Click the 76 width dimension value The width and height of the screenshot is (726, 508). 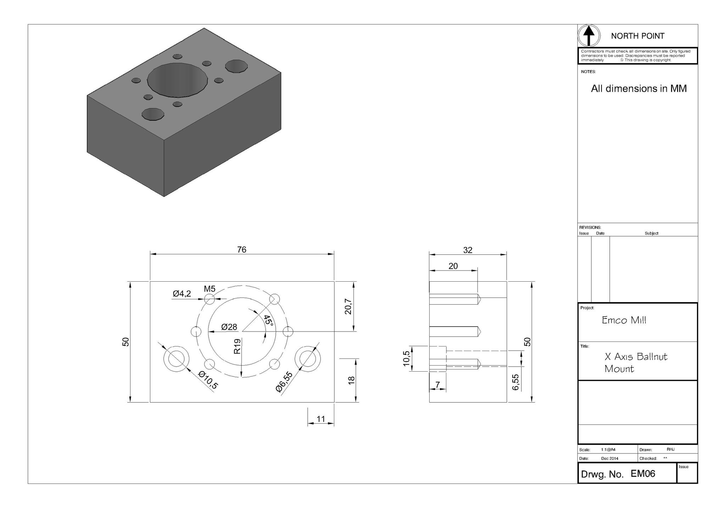(x=241, y=250)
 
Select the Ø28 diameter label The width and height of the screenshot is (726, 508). (x=229, y=327)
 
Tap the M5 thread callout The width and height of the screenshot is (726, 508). (x=210, y=289)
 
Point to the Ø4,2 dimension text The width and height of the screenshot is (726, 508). (x=182, y=294)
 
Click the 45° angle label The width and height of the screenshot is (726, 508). (x=268, y=321)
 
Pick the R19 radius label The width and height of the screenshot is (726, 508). (x=238, y=346)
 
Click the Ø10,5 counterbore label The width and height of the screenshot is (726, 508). (x=208, y=380)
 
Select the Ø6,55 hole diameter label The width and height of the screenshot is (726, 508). (x=284, y=382)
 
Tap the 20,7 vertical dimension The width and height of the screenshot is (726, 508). (x=348, y=306)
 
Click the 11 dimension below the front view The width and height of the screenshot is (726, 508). (x=320, y=419)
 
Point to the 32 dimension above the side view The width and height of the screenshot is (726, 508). (x=468, y=250)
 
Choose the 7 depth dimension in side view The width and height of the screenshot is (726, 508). (x=437, y=385)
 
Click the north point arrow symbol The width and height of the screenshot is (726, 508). (x=589, y=36)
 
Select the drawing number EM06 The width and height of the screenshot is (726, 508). (x=643, y=474)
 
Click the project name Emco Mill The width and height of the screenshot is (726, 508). (x=624, y=320)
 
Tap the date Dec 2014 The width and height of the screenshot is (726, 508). (x=610, y=458)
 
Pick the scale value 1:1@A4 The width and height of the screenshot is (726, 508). (x=608, y=450)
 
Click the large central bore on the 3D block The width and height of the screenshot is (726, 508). (x=177, y=80)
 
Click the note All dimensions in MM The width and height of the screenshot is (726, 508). (x=638, y=89)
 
